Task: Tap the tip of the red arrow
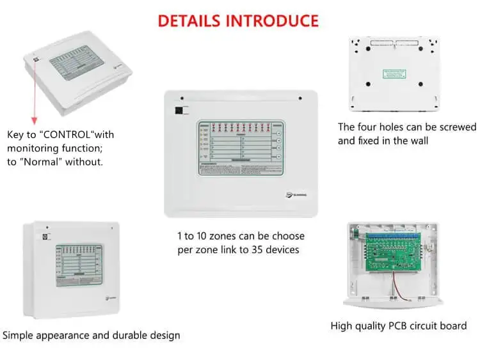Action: point(34,122)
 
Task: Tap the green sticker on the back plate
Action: point(394,74)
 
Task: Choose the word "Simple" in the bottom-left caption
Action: point(19,335)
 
